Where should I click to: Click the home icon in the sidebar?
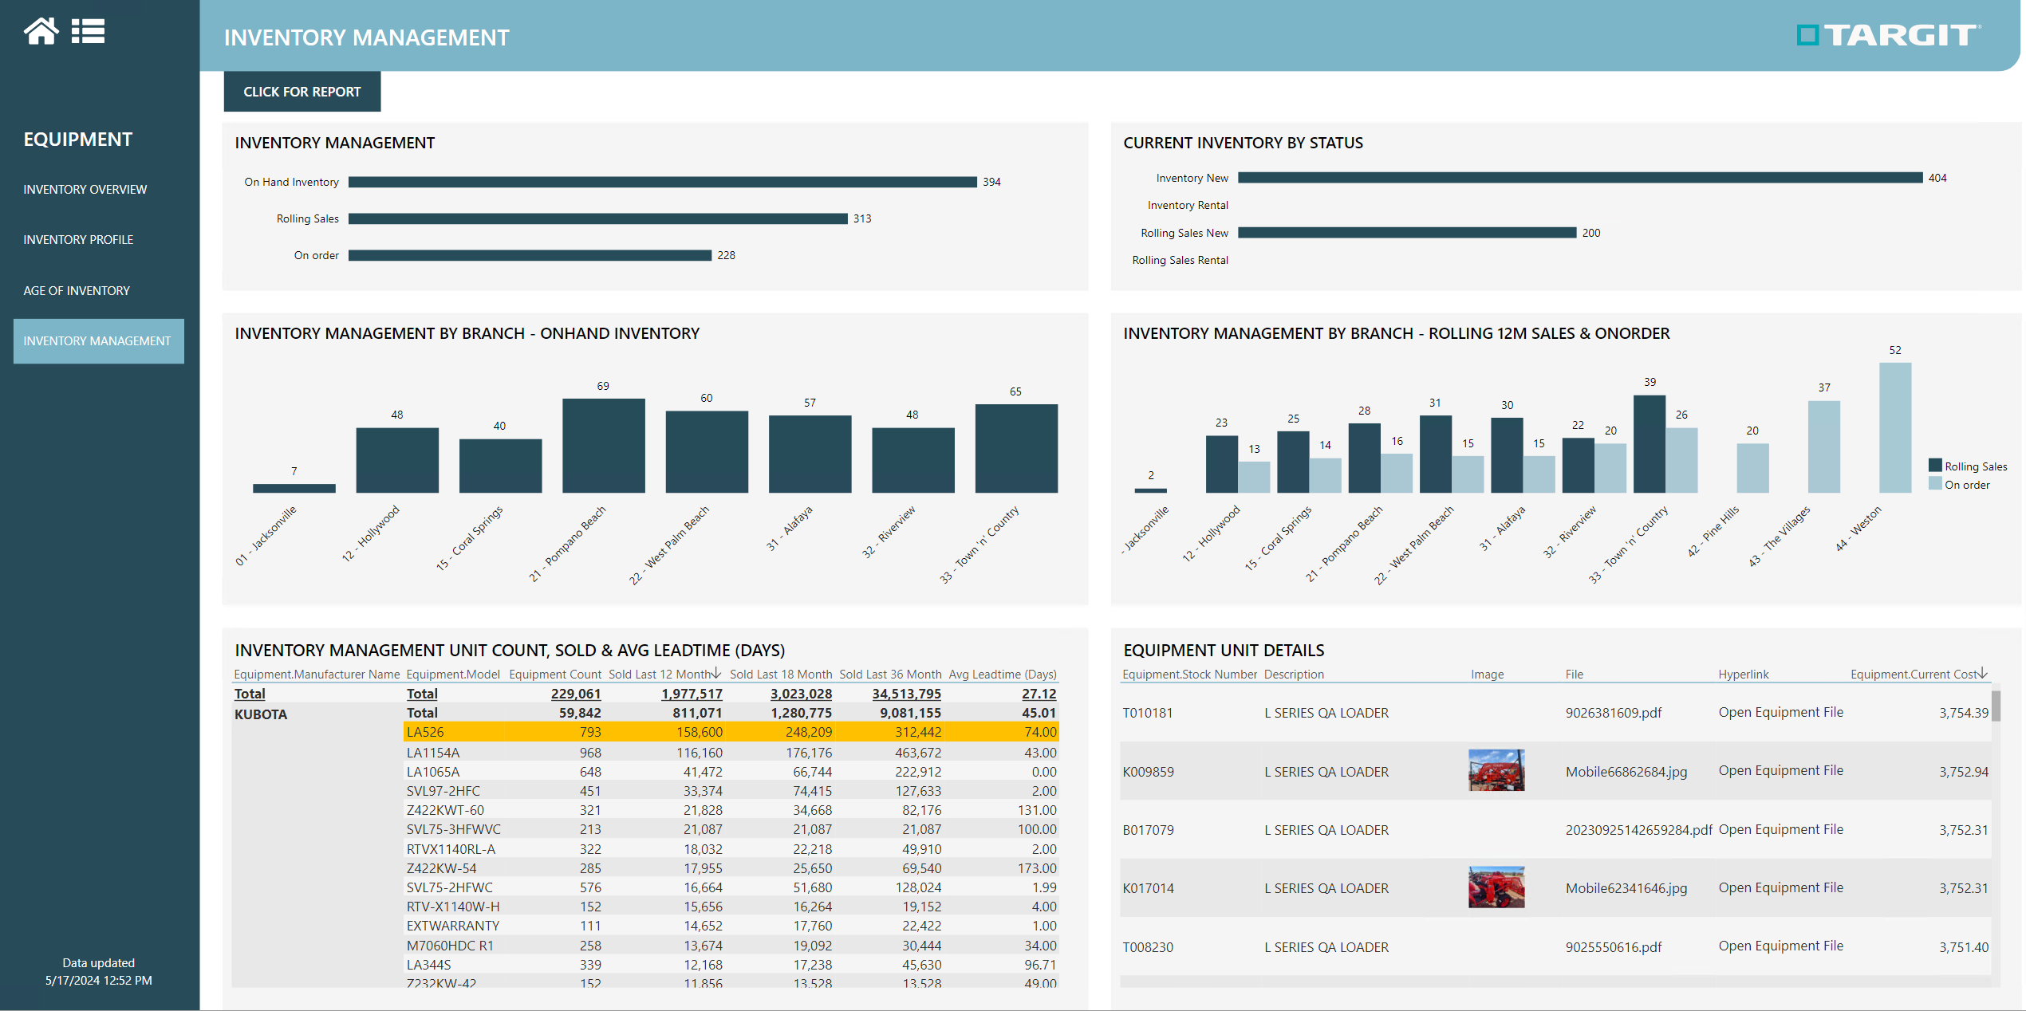(41, 31)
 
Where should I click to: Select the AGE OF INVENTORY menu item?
(77, 291)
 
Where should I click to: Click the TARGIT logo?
(1887, 35)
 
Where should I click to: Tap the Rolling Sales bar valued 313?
(597, 218)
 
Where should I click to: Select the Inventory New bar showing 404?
(1579, 178)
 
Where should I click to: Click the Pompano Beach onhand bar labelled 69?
(603, 445)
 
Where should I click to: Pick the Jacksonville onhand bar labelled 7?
(294, 488)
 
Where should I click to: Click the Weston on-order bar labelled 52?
(1894, 427)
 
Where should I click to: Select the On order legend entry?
(1966, 485)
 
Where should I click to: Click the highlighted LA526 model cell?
(425, 732)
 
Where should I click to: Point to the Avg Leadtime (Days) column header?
(1002, 675)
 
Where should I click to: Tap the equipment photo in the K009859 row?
(1496, 770)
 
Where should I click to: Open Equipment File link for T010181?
(1780, 712)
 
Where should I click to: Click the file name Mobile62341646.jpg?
(1626, 888)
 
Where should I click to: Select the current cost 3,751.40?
(1963, 947)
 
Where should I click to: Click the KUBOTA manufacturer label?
(261, 714)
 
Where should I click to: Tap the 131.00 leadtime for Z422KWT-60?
(1037, 810)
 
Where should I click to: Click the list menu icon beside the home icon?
(88, 31)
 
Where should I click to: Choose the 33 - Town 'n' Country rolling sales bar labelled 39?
(1649, 444)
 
